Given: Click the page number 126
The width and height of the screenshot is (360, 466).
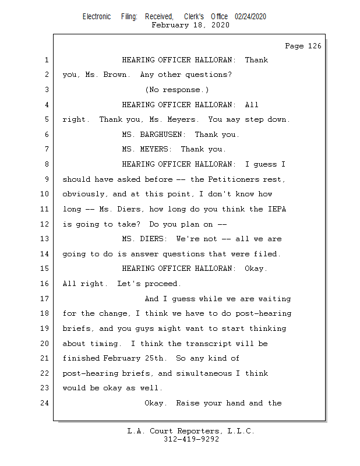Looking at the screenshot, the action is coord(315,46).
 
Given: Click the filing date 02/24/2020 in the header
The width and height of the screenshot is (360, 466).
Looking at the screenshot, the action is coord(250,17).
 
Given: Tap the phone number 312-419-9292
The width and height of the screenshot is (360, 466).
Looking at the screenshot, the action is coord(191,439).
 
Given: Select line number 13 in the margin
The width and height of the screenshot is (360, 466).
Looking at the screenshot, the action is coord(45,239).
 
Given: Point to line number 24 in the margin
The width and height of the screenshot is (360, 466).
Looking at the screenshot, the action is coord(45,403).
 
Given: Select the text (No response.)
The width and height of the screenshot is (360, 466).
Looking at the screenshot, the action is coord(177,90).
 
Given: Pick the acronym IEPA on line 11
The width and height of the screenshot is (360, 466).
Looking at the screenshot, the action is coord(277,209).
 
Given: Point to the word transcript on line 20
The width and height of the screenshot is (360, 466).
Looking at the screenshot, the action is coord(209,344).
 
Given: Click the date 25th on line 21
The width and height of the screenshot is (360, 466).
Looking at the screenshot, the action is coord(154,358).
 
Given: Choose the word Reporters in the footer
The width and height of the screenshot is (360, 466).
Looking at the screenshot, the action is coord(199,431).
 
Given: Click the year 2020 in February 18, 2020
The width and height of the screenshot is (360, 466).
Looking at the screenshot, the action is coord(220,25).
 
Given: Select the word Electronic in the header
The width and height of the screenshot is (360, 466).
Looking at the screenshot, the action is coord(97,17).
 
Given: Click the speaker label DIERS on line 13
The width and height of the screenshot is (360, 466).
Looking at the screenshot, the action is coord(153,239).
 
